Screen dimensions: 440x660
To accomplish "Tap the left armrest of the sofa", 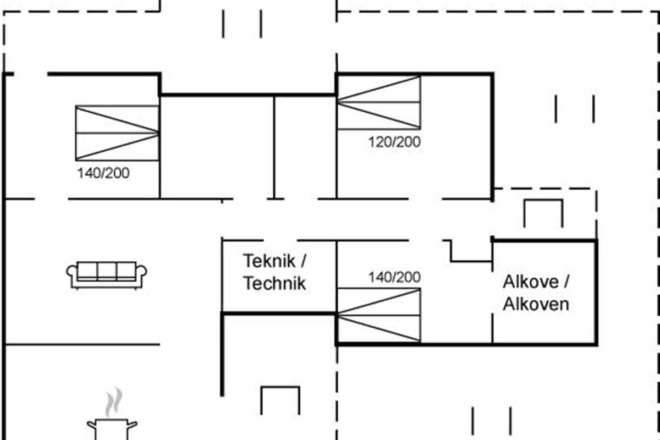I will click(72, 273).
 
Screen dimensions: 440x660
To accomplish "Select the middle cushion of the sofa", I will click(107, 271).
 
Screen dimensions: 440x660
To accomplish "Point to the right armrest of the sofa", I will click(141, 273).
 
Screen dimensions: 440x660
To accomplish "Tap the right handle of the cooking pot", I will click(133, 424).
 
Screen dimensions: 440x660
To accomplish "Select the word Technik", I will click(274, 283).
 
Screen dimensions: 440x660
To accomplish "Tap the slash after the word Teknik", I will click(305, 260).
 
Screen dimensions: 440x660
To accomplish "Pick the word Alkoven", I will click(536, 304).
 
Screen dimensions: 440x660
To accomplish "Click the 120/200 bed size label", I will click(394, 142).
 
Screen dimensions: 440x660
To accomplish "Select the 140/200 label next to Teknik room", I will click(394, 278).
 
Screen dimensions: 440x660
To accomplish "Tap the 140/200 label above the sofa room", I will click(103, 173).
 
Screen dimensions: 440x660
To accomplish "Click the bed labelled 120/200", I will click(379, 102).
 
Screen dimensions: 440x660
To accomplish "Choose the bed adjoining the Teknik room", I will click(379, 315).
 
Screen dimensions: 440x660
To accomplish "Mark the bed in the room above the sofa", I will click(117, 133).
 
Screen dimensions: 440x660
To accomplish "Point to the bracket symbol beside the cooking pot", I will click(280, 399).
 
